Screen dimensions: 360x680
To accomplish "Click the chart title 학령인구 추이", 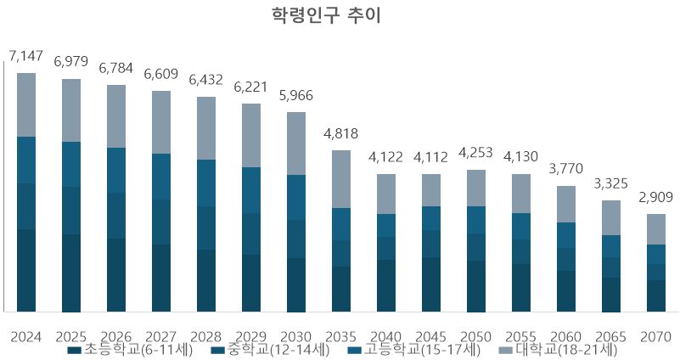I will pyautogui.click(x=340, y=16).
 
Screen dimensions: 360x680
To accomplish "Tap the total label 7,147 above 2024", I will pyautogui.click(x=26, y=57).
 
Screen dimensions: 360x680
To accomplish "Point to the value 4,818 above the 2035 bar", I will pyautogui.click(x=340, y=134).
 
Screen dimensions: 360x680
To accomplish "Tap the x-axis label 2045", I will pyautogui.click(x=432, y=336).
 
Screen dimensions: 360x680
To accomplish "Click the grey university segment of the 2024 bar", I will pyautogui.click(x=26, y=104).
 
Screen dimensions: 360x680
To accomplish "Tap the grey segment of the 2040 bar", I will pyautogui.click(x=386, y=194).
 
